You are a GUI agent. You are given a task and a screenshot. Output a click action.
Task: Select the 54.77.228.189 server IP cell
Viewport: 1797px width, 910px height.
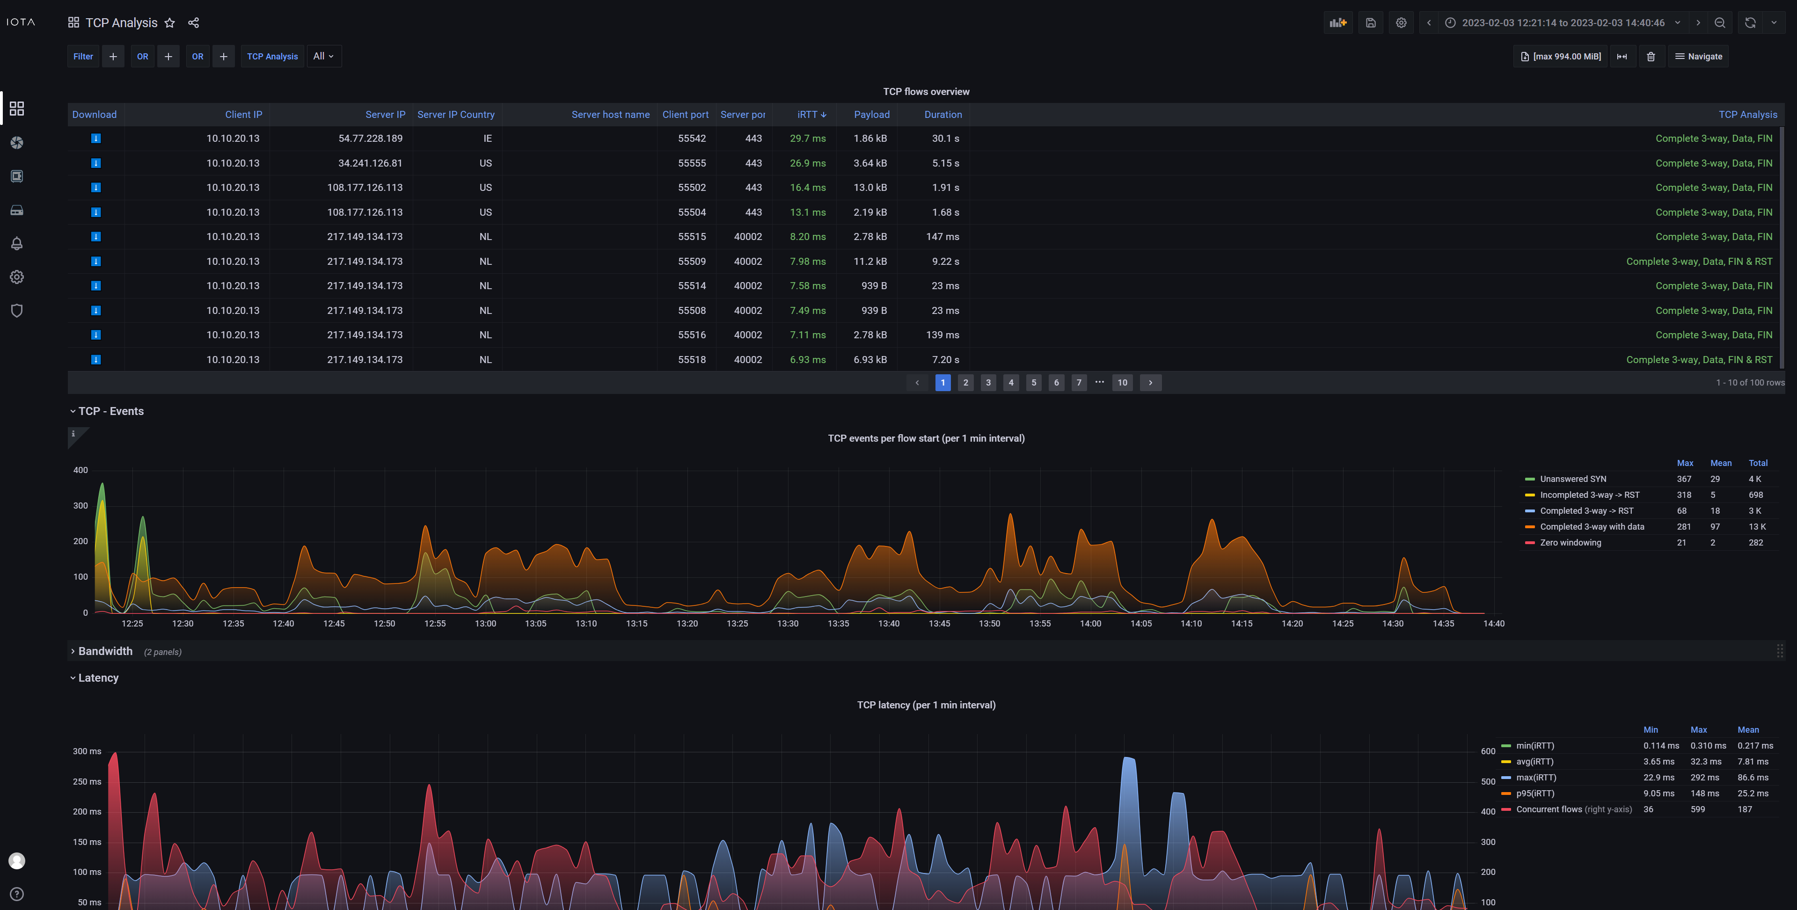point(371,138)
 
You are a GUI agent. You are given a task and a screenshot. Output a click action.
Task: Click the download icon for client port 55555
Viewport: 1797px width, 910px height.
point(96,163)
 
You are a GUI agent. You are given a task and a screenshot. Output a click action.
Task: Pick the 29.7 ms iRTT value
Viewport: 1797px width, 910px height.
point(807,138)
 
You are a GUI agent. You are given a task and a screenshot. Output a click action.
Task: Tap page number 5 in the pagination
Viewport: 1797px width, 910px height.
point(1033,382)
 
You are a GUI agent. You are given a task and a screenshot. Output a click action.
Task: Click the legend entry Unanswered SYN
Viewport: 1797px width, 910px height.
point(1572,479)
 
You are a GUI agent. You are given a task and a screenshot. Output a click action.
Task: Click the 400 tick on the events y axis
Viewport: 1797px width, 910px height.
point(81,470)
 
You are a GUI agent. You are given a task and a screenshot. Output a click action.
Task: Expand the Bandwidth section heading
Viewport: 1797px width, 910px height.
point(105,651)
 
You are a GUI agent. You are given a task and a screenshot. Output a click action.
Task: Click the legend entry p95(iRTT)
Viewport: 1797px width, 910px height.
point(1535,794)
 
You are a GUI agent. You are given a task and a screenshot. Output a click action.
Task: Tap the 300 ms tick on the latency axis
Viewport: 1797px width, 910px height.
point(87,751)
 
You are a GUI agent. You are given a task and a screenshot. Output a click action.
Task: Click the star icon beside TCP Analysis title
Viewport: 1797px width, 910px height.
point(169,23)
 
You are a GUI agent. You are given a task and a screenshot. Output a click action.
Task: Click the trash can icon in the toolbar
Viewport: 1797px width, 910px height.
point(1651,57)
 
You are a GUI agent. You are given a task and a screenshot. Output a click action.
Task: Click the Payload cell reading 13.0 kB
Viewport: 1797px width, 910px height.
point(870,188)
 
